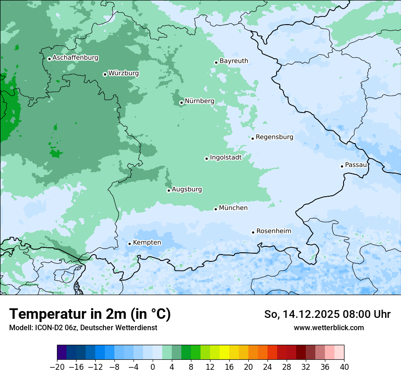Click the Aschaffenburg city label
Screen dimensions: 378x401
point(75,58)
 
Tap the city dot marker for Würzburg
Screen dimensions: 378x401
point(105,74)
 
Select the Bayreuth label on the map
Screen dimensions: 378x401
point(234,61)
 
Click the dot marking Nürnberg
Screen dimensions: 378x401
point(181,102)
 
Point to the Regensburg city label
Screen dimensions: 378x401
point(274,137)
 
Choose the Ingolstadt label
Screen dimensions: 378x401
point(226,158)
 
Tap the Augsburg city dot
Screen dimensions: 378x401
point(169,190)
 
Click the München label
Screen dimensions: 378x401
point(233,208)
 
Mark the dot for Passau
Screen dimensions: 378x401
point(342,166)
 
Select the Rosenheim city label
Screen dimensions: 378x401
point(273,231)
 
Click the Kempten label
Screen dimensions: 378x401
point(147,243)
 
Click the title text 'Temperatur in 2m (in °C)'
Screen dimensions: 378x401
point(90,314)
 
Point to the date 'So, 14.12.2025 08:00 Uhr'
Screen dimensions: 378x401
point(327,314)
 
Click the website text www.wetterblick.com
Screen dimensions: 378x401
point(329,327)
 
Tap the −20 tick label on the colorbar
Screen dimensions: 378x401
point(57,367)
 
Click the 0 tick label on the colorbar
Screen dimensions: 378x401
point(153,367)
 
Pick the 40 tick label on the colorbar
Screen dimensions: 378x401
point(344,367)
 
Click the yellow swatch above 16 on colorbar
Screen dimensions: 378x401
point(224,352)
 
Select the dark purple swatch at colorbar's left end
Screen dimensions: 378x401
point(62,352)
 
